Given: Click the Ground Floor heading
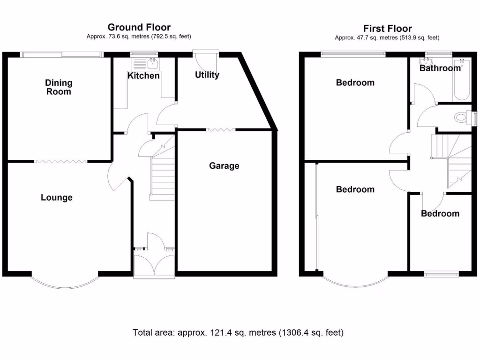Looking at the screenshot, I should (x=139, y=28).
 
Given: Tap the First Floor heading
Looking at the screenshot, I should (x=387, y=29).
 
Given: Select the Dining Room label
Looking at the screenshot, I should (x=59, y=87).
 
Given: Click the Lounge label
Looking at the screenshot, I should (x=57, y=197).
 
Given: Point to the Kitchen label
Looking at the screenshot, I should (x=143, y=75).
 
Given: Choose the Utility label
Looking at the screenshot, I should (x=207, y=75).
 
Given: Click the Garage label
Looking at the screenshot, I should (x=224, y=165).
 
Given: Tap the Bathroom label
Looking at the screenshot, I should (x=440, y=68).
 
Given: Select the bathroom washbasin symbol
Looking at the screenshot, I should (x=427, y=61).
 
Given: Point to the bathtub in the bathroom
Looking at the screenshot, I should (x=462, y=80).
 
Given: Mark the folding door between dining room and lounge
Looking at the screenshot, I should (x=60, y=161).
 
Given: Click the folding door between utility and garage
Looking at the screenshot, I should (x=221, y=129).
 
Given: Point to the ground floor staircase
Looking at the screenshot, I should (x=162, y=176).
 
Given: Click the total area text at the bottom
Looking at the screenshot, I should (x=239, y=333).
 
